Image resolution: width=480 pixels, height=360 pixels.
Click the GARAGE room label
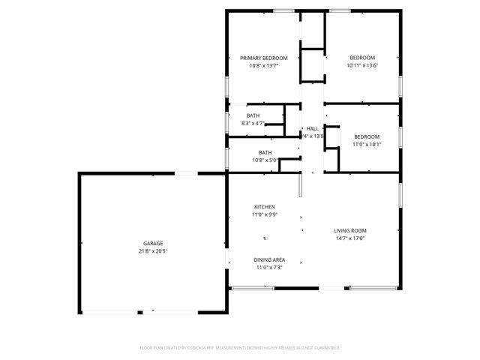(153, 244)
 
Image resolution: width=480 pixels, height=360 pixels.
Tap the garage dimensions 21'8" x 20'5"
(153, 252)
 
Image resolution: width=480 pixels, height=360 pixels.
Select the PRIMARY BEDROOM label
(264, 58)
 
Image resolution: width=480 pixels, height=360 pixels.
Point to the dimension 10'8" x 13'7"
(264, 66)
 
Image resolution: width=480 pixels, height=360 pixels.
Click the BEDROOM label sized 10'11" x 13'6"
(362, 58)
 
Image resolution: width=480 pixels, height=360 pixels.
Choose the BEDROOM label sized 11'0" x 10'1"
(367, 136)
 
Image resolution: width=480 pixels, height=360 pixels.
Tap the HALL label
(312, 128)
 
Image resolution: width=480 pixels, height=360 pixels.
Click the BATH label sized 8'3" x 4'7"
(253, 115)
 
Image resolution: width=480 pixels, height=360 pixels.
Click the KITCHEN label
(264, 207)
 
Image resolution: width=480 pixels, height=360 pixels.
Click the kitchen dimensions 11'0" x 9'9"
(264, 215)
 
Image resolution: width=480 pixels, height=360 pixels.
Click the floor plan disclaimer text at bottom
(240, 348)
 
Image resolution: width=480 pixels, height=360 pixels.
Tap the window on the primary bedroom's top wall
(283, 10)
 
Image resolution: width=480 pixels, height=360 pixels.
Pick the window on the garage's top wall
(187, 173)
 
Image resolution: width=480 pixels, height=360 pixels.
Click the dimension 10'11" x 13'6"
(362, 66)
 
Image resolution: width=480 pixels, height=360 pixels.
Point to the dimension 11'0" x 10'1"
(367, 144)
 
